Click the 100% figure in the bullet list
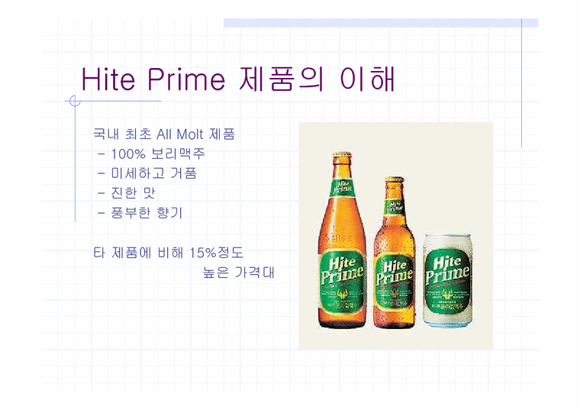[x=128, y=153]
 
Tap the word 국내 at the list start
[x=105, y=134]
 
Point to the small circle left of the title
[x=74, y=101]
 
